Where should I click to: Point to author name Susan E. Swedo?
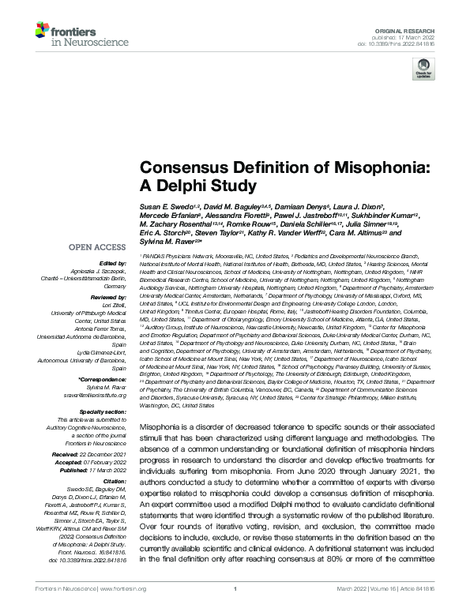tap(168, 205)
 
